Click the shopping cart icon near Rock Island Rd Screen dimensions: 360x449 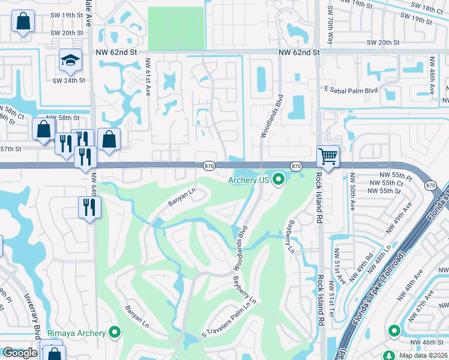328,157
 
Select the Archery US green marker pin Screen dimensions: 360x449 279,179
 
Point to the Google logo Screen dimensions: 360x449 20,353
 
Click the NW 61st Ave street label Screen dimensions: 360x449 148,76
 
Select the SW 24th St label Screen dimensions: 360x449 68,80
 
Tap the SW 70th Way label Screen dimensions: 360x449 330,26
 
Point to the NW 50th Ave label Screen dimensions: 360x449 352,193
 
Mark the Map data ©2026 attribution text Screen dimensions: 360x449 423,355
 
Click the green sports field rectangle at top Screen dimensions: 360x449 175,28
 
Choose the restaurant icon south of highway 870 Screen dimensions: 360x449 90,207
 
